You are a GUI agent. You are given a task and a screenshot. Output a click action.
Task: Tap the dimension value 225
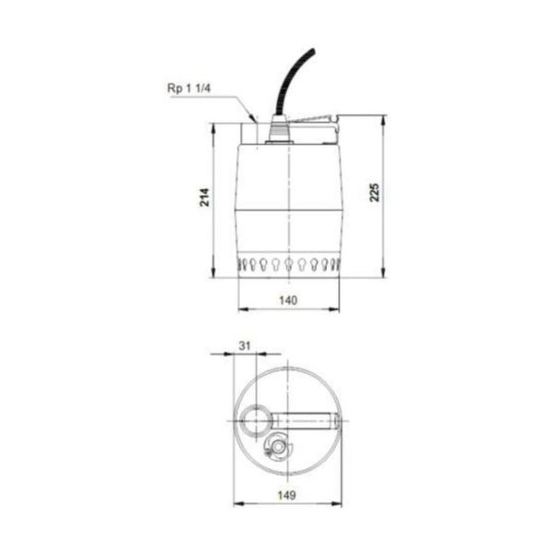376,191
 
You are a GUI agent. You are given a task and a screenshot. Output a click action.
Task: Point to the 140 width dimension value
289,300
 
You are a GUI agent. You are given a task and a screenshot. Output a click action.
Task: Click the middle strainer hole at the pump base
290,265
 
